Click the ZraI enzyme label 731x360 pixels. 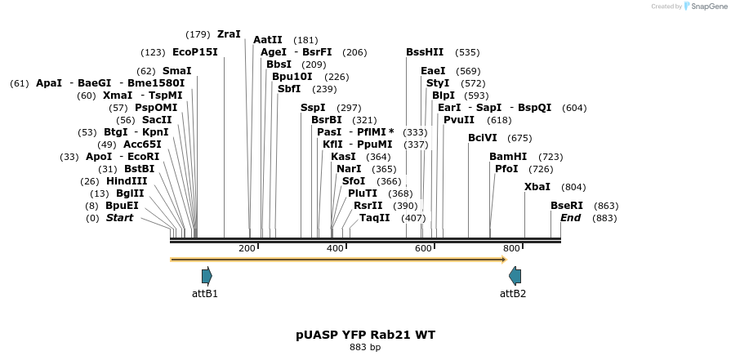point(229,34)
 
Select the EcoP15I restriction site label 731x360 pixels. point(195,52)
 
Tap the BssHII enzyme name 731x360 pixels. point(425,52)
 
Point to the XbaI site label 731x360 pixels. point(537,187)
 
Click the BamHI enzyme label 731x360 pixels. point(508,156)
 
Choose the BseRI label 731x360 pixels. point(567,206)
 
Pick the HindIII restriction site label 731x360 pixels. point(127,181)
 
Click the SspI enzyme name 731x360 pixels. point(313,108)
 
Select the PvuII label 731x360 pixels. point(459,120)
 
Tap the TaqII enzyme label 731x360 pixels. point(375,218)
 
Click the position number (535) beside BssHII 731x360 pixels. point(467,52)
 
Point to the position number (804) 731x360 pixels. point(574,187)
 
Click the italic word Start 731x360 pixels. point(119,218)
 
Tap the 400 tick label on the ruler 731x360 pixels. point(335,248)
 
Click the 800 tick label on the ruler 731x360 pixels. point(511,248)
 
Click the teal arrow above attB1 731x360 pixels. point(207,276)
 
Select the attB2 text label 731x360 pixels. point(513,294)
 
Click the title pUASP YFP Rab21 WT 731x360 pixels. point(365,335)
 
